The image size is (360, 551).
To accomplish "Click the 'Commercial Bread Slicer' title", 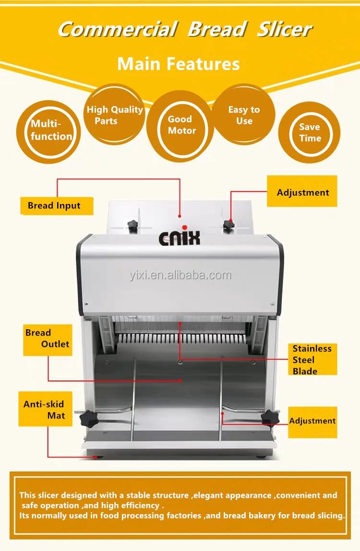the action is pyautogui.click(x=185, y=30).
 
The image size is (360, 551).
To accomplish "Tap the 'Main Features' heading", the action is pyautogui.click(x=179, y=64).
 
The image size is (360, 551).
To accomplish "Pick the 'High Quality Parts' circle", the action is pyautogui.click(x=114, y=115).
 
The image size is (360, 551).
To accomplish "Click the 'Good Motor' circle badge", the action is pyautogui.click(x=180, y=125).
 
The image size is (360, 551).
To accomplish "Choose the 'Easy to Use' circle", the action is pyautogui.click(x=244, y=115).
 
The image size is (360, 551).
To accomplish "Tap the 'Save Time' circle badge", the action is pyautogui.click(x=310, y=132).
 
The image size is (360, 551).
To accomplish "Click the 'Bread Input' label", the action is pyautogui.click(x=54, y=206).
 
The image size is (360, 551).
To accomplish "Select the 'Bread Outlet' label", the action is pyautogui.click(x=48, y=339).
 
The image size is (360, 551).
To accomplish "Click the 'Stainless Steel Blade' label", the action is pyautogui.click(x=312, y=359).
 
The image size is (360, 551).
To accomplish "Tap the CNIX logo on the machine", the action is pyautogui.click(x=180, y=238).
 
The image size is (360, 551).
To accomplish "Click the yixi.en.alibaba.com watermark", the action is pyautogui.click(x=180, y=275).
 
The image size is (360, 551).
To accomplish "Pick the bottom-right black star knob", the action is pyautogui.click(x=268, y=419).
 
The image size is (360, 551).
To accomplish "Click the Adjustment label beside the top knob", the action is pyautogui.click(x=303, y=193).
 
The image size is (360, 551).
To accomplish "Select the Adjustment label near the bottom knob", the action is pyautogui.click(x=312, y=421).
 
